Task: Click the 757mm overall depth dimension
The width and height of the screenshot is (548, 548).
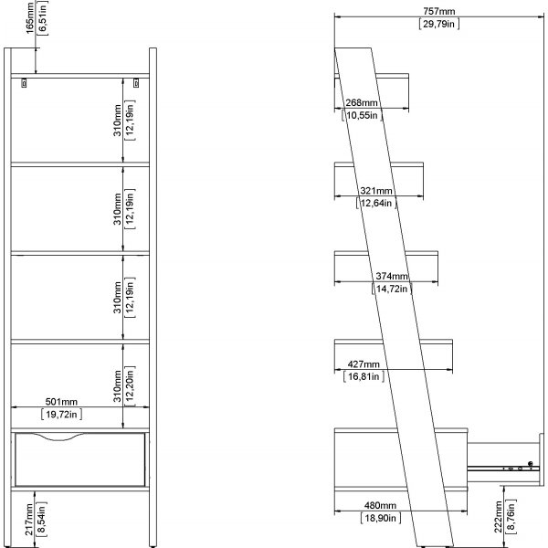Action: point(439,12)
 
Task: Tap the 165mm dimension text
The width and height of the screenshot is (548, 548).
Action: point(30,17)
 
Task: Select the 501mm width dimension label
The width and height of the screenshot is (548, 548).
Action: point(61,402)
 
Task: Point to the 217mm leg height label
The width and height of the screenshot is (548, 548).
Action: point(29,519)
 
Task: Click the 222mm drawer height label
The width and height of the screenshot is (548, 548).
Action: point(499,517)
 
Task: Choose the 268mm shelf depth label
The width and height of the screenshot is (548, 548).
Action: point(362,102)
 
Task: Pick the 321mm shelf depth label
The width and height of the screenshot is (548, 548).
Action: point(376,191)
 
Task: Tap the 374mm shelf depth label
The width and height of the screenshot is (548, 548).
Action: point(392,276)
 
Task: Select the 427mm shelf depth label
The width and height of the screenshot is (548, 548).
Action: point(364,364)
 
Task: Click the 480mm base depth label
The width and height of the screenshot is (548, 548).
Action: point(380,505)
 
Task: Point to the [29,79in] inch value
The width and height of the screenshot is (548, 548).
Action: point(439,24)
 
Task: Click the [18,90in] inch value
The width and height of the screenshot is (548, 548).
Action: point(381,518)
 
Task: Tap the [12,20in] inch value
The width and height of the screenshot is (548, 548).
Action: point(130,385)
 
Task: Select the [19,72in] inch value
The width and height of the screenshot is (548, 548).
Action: point(61,414)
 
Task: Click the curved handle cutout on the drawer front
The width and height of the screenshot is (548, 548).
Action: point(59,437)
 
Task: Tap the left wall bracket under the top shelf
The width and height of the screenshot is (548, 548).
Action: point(24,83)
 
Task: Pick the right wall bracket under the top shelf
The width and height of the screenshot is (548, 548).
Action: point(136,83)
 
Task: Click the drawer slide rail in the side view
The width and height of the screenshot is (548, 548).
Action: point(502,468)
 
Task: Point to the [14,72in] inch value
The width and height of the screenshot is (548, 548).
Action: point(392,289)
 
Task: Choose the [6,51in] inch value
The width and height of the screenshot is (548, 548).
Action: point(43,17)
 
